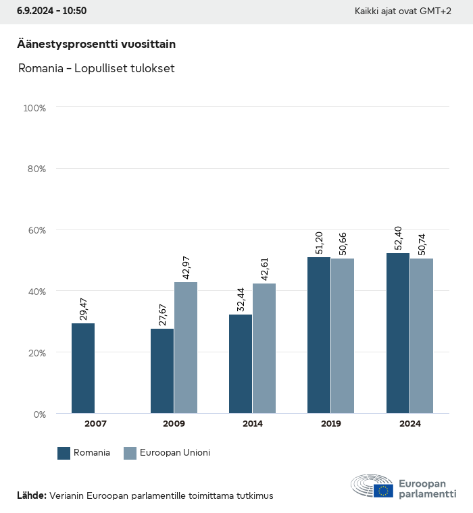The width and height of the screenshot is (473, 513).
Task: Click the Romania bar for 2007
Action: tap(83, 368)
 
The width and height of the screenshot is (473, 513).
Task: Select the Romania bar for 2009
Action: tap(162, 371)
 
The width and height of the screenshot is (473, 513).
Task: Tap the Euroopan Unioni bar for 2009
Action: tap(186, 347)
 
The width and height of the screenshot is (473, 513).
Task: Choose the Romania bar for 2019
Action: tap(319, 335)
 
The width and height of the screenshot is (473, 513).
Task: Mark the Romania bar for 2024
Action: tap(398, 333)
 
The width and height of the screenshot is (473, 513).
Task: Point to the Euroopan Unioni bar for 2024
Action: tap(421, 335)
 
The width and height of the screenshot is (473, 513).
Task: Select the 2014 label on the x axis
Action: tap(253, 424)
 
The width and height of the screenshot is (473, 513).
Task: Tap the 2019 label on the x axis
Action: tap(331, 424)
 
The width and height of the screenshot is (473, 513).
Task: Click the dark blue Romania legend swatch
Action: tap(64, 453)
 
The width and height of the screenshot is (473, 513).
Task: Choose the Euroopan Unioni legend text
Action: tap(175, 453)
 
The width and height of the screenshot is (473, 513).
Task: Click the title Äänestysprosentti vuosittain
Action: tap(96, 45)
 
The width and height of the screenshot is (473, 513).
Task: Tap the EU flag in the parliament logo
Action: tap(384, 490)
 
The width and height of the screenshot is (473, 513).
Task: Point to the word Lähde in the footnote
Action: tap(31, 495)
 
